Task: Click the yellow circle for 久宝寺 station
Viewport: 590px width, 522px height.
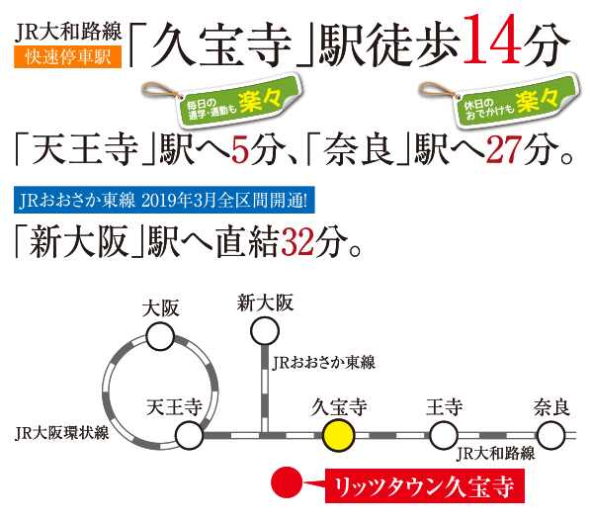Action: point(338,435)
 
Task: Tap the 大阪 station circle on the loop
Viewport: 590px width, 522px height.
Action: point(160,336)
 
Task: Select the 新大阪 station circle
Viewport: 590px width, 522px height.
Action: point(265,331)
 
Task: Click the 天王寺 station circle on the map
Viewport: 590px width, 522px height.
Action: point(190,435)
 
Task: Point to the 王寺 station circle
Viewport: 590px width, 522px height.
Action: point(444,435)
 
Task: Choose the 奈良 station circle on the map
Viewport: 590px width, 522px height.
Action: point(550,435)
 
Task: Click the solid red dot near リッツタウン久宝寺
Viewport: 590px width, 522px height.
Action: point(287,482)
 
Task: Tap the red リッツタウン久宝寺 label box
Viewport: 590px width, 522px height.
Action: point(425,485)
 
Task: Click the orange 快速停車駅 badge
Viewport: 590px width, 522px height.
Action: point(68,56)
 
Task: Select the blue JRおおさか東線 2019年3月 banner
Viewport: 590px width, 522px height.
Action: point(164,200)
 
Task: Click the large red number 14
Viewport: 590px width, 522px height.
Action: point(492,40)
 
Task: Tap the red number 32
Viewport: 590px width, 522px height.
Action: point(297,241)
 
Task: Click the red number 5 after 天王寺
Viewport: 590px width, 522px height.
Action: point(240,150)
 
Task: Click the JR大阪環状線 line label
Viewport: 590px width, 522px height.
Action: point(62,433)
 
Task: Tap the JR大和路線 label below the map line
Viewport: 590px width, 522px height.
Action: point(495,453)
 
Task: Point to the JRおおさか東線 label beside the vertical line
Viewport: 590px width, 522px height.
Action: point(323,363)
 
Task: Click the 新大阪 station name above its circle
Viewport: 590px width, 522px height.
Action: point(265,303)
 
